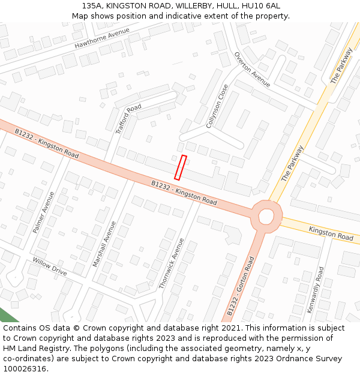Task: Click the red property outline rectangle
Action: (x=181, y=167)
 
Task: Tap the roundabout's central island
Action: (x=266, y=215)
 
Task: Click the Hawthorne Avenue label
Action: (x=102, y=38)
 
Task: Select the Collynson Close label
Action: (x=217, y=106)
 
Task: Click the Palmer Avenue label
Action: (x=43, y=212)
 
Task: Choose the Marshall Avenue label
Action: (x=104, y=244)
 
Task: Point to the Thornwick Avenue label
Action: (x=172, y=263)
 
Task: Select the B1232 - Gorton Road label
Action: (x=241, y=286)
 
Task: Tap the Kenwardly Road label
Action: (x=316, y=290)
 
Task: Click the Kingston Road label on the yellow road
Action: (x=331, y=233)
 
